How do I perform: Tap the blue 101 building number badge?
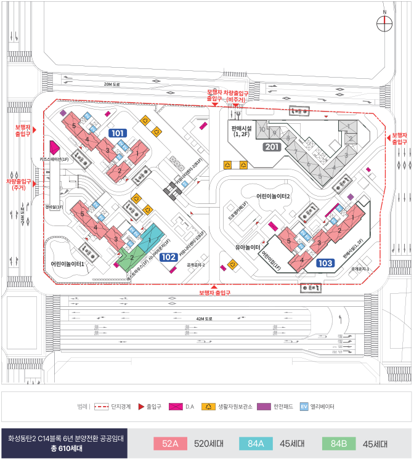point(117,133)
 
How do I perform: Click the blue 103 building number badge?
point(326,263)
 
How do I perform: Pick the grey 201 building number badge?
point(272,147)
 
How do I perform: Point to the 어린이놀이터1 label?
point(68,263)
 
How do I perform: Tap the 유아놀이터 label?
point(248,247)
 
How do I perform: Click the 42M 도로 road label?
point(204,319)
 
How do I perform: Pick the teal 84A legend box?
point(256,444)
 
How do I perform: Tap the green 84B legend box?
point(339,444)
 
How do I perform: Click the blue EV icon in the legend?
point(304,407)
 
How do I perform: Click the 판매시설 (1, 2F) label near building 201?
point(240,131)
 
